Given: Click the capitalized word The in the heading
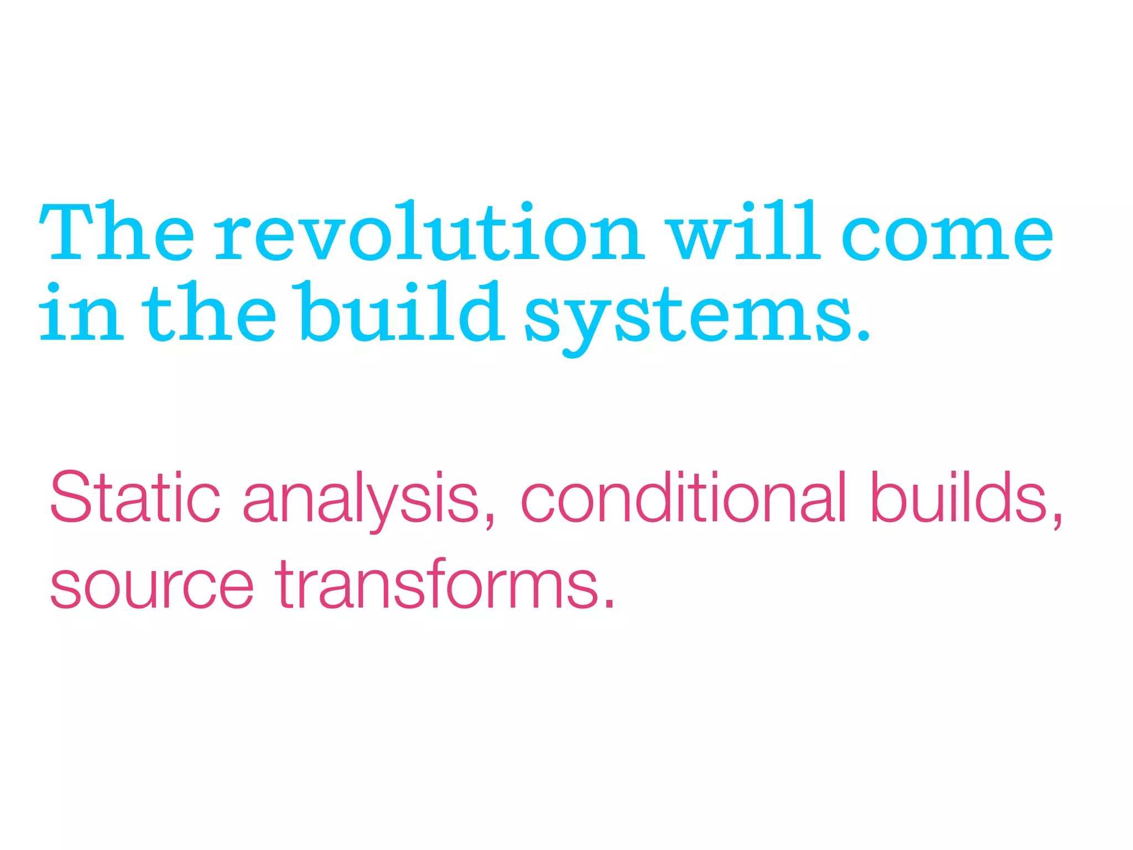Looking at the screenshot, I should coord(117,232).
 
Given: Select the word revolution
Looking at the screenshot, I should coord(429,232).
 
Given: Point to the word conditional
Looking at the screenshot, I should coord(683,496).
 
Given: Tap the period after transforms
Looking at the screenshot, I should coord(609,603).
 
